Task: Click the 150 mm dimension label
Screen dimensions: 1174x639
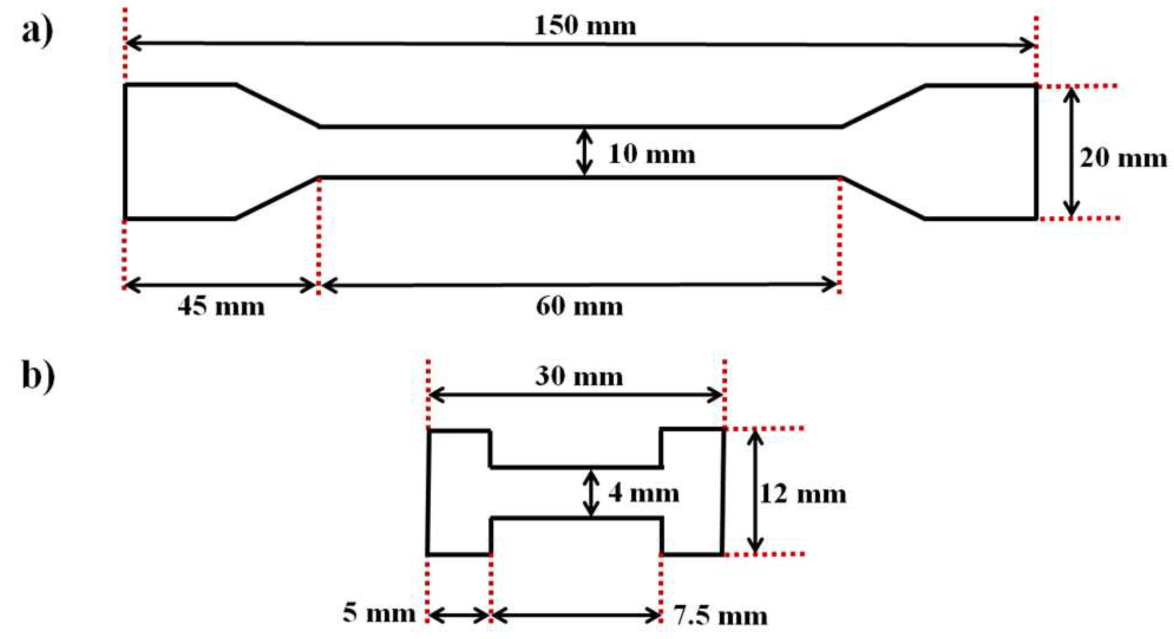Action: (x=585, y=25)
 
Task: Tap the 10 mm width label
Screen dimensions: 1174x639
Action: (x=652, y=155)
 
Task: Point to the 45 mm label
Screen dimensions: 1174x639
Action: (x=221, y=306)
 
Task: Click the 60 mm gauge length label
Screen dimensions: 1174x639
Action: (x=579, y=306)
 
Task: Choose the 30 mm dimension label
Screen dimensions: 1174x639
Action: (x=579, y=377)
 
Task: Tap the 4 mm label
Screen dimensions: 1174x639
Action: (x=644, y=494)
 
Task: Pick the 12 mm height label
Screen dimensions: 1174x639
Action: (x=803, y=494)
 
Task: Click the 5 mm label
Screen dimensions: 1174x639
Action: (x=379, y=614)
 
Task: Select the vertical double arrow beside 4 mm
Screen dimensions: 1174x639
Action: (x=591, y=493)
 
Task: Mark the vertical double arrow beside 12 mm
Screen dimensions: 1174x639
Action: (x=755, y=492)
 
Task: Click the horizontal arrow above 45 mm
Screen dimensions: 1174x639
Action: (x=221, y=285)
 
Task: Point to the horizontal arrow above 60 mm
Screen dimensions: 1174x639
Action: (x=579, y=285)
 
